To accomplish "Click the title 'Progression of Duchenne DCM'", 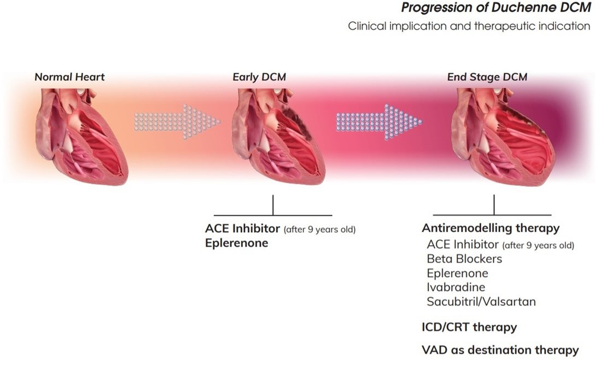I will pos(495,8).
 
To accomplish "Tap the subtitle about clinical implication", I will pos(469,26).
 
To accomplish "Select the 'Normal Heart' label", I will pos(69,77).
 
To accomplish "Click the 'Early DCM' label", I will pos(259,77).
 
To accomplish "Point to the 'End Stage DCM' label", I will pos(487,77).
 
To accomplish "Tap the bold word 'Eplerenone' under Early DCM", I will pos(236,243).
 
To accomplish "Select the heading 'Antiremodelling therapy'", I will pos(491,228).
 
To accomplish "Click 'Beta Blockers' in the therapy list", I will pos(464,258).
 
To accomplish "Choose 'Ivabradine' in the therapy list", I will pos(456,287).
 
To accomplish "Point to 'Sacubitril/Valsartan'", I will pos(481,302).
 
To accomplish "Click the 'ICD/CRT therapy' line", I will pos(469,328).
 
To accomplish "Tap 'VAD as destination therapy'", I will pos(500,350).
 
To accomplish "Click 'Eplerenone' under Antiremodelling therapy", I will pos(457,273).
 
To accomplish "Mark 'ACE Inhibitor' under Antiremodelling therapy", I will pos(463,244).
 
